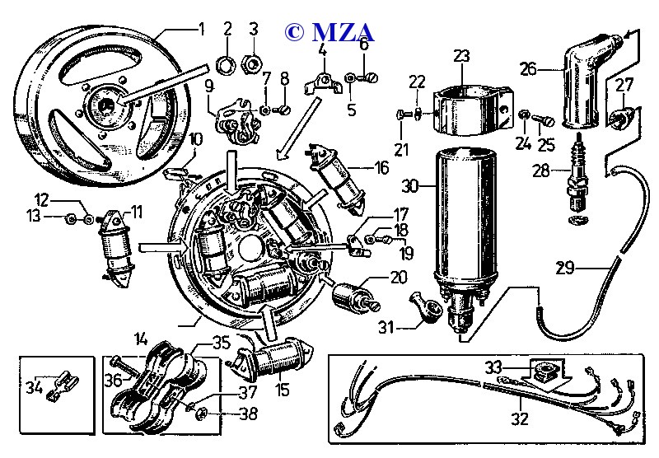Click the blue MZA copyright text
pyautogui.click(x=329, y=32)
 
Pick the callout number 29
pyautogui.click(x=587, y=268)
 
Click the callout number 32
pyautogui.click(x=519, y=418)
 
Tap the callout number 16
pyautogui.click(x=381, y=168)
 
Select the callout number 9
pyautogui.click(x=209, y=85)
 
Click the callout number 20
pyautogui.click(x=399, y=278)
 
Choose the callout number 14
pyautogui.click(x=141, y=338)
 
